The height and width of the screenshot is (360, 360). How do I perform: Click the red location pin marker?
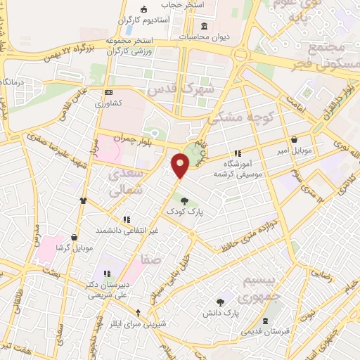[x=181, y=165]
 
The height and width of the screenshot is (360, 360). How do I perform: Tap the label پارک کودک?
[x=184, y=211]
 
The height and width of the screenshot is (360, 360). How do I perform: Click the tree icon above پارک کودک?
[x=184, y=201]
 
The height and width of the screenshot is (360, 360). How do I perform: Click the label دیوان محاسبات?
[x=203, y=36]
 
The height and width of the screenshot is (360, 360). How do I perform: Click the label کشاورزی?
[x=109, y=103]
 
